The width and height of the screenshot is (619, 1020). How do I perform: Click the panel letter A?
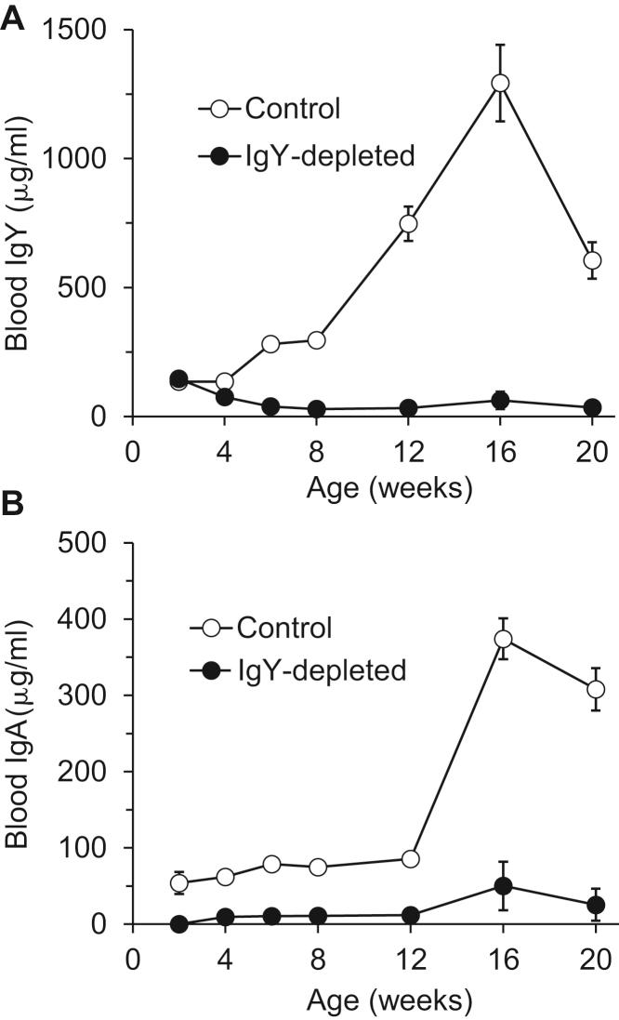point(13,19)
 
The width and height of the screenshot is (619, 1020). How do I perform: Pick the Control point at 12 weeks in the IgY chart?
point(409,223)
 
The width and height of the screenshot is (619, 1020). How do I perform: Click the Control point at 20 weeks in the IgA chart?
point(595,689)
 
